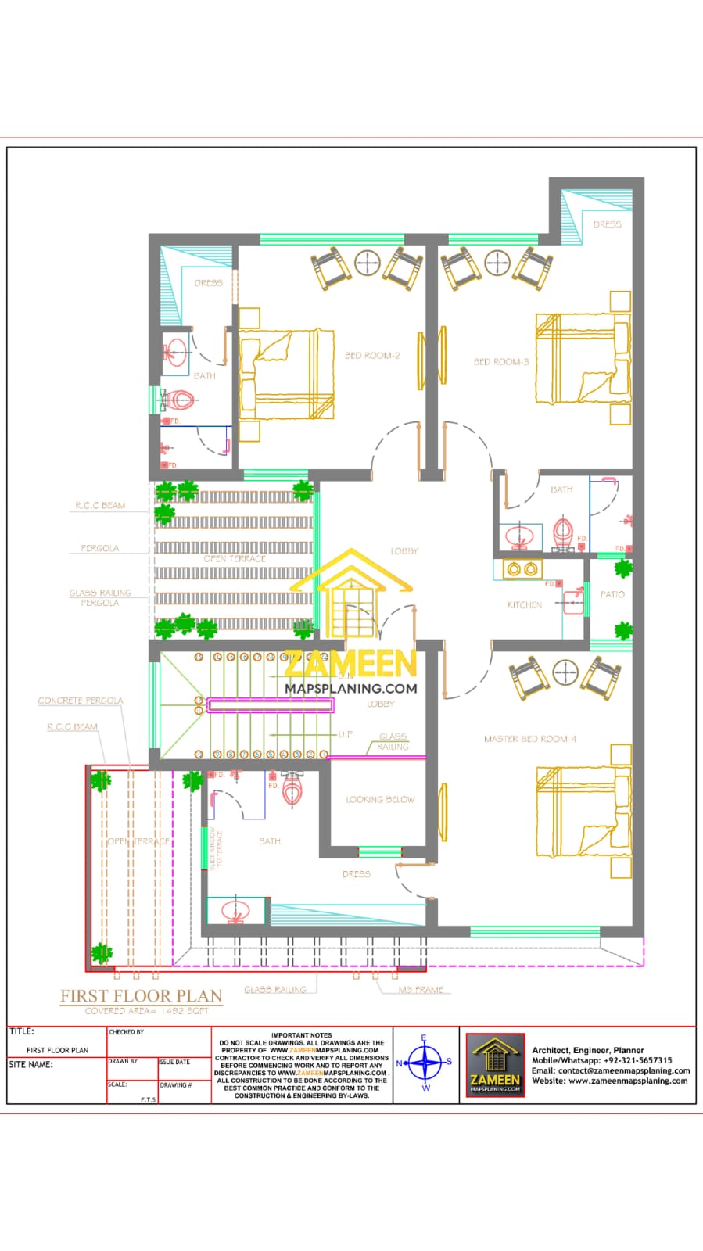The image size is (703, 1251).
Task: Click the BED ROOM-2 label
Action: pos(372,356)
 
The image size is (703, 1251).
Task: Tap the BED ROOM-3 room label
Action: pos(501,362)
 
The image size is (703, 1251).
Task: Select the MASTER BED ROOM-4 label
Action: pos(529,739)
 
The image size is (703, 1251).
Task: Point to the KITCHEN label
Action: pos(525,605)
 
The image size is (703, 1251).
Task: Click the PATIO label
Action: pos(612,595)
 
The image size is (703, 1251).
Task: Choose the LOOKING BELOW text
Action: pos(380,800)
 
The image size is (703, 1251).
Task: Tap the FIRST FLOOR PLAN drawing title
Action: pos(142,996)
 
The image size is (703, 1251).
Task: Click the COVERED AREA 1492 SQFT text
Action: pos(147,1011)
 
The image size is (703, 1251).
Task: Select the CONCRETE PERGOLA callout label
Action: pos(81,701)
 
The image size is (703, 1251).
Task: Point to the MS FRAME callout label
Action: pos(421,990)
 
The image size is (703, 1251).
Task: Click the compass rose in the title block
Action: pos(425,1063)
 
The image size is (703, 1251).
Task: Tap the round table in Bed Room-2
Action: pos(368,263)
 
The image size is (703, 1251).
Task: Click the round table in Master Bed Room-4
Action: pos(565,672)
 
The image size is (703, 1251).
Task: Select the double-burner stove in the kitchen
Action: pos(522,568)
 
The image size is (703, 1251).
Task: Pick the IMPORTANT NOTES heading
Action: pos(302,1035)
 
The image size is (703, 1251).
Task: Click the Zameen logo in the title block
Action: pos(495,1065)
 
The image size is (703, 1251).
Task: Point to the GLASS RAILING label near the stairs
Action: pos(393,741)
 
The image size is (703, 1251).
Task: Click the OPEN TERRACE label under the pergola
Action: pos(235,559)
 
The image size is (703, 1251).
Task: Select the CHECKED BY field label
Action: pos(127,1032)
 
